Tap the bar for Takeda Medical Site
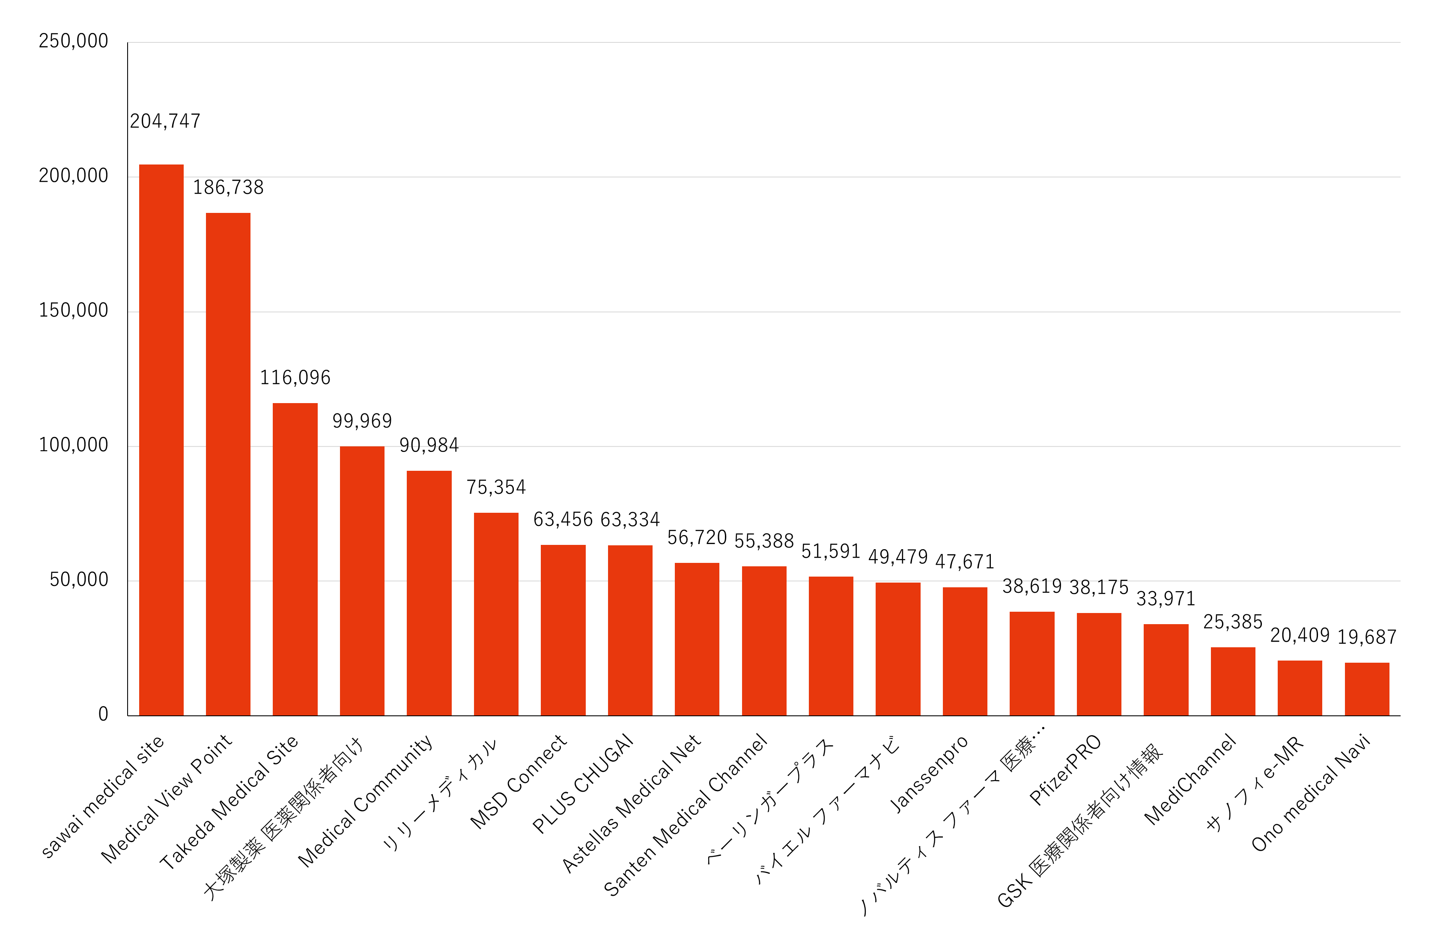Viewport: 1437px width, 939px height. pos(295,559)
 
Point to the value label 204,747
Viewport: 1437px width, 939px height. pos(165,121)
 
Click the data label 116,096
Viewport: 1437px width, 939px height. pos(295,378)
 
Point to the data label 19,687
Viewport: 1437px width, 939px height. pos(1367,637)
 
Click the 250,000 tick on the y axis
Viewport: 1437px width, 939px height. pos(73,41)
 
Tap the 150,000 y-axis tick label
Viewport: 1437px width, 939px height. pos(73,311)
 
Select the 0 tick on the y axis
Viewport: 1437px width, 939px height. pos(103,715)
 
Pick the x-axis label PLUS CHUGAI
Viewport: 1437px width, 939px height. pos(583,784)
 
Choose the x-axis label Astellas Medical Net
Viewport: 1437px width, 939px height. pos(632,804)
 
